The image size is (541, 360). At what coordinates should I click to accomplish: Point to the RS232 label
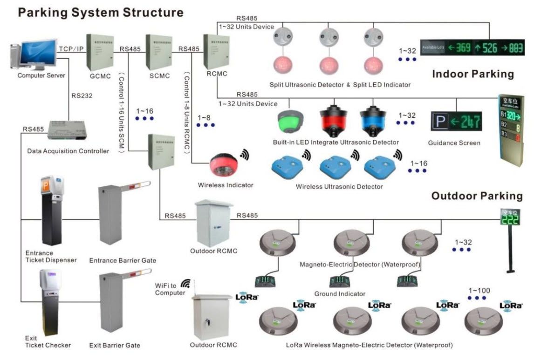click(82, 96)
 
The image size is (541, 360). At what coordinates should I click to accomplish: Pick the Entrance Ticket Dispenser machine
click(51, 212)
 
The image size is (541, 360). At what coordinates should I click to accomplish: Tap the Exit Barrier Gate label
click(115, 346)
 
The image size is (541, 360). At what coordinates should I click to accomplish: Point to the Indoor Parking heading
click(473, 74)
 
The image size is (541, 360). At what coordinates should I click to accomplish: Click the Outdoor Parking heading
click(477, 196)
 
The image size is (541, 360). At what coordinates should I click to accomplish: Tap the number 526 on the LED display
click(490, 48)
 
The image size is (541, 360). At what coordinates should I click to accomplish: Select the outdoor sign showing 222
click(509, 217)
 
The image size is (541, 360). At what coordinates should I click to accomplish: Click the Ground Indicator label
click(339, 294)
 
